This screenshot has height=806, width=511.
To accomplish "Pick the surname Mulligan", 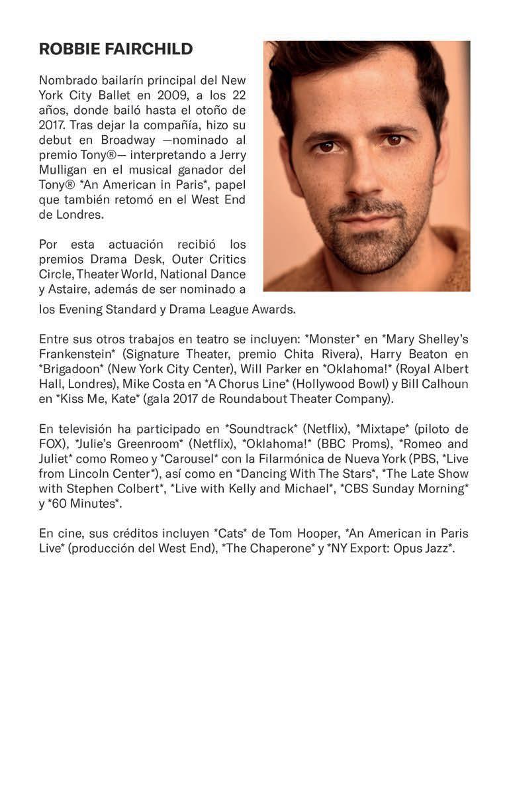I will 64,169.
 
